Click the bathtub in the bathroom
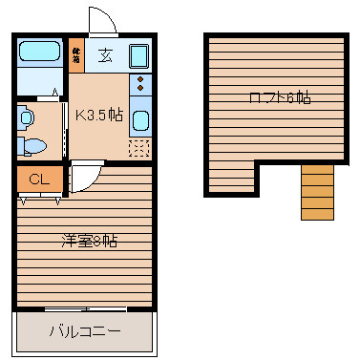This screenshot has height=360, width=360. pos(41,53)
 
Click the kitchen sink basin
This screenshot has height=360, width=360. pos(140,121)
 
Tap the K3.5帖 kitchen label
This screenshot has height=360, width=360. pos(98,116)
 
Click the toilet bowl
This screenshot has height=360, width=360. pos(34,146)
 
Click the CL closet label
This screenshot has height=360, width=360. pos(39,180)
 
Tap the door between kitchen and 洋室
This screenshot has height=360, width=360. pos(80,178)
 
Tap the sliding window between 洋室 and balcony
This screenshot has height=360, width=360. pos(85,309)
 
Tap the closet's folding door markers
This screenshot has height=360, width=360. pos(39,200)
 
